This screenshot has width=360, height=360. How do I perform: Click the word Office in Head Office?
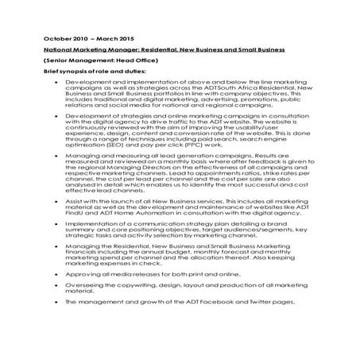click(x=135, y=60)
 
